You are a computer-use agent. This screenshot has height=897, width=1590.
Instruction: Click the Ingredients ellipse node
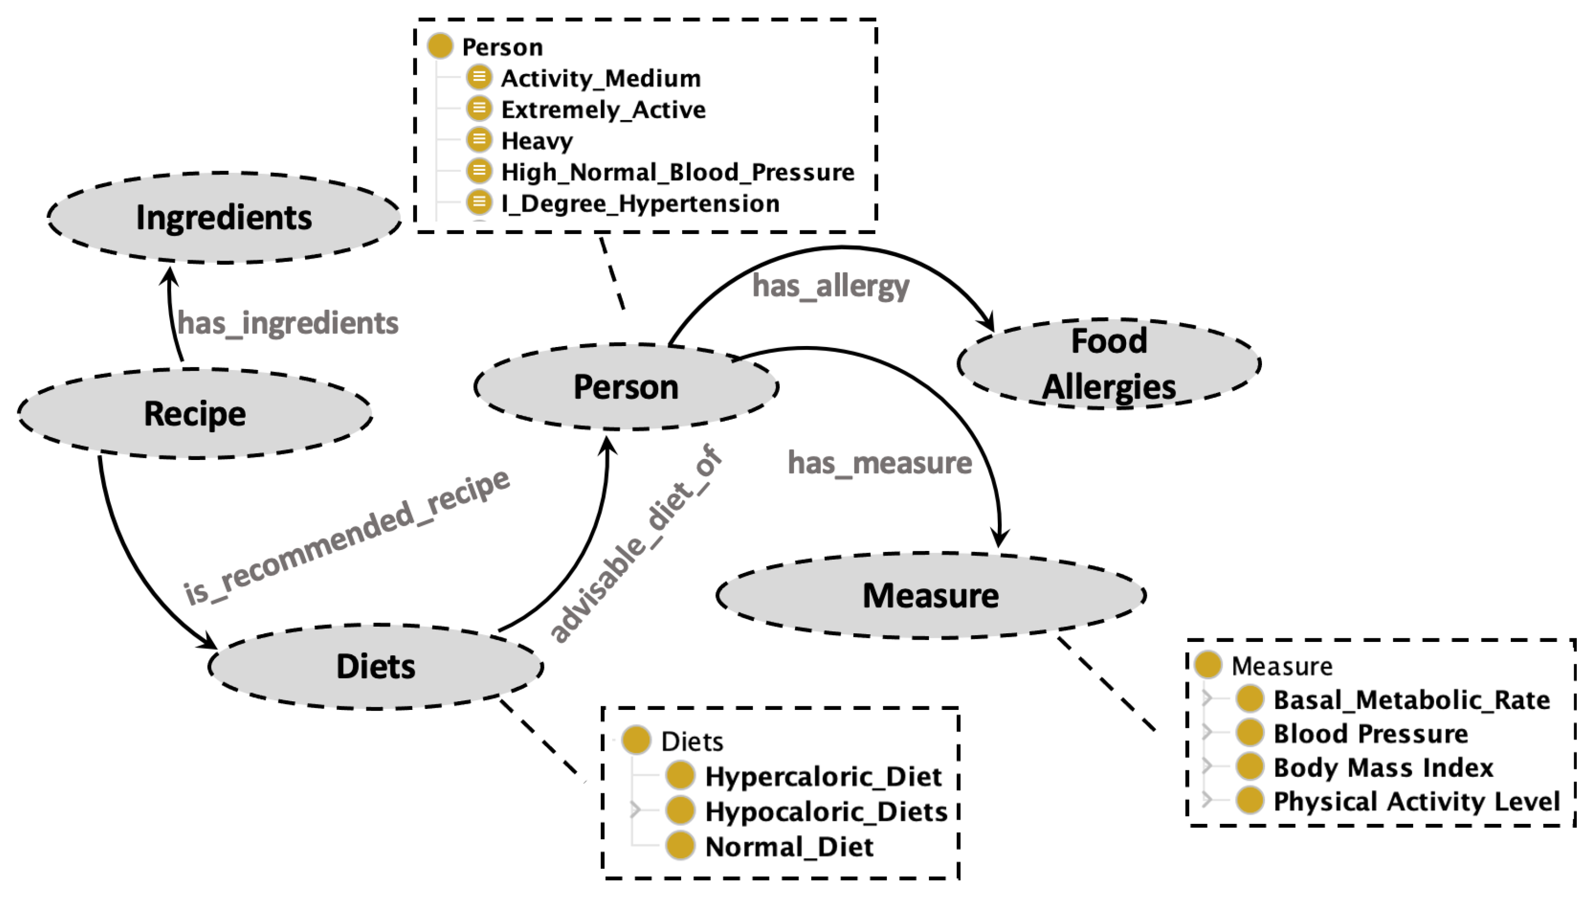click(223, 218)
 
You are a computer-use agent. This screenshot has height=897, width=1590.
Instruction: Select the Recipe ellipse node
click(195, 413)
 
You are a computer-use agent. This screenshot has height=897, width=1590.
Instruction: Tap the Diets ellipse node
click(376, 666)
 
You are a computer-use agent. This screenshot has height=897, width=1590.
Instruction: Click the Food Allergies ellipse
click(1109, 364)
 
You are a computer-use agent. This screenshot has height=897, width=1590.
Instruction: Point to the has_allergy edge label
click(830, 286)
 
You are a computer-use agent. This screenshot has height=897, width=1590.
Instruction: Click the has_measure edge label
click(880, 463)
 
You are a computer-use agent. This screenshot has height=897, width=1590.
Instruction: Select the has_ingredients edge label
click(288, 324)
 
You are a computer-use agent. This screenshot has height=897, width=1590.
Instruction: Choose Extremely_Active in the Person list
click(603, 110)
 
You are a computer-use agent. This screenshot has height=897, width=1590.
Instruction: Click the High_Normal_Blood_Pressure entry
click(677, 172)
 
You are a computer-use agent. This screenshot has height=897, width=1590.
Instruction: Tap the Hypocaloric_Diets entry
click(826, 812)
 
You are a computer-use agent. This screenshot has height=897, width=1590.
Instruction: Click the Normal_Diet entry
click(789, 847)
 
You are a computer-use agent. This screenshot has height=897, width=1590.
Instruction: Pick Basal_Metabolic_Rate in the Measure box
click(1411, 700)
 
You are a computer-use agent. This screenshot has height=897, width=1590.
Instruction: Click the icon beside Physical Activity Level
click(1249, 801)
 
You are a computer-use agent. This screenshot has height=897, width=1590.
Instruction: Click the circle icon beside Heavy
click(479, 140)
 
